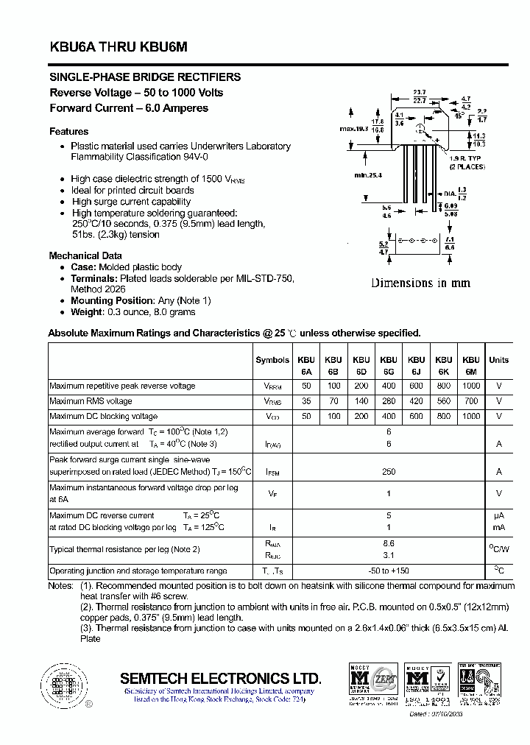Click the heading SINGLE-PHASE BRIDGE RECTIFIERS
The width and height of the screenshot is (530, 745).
pos(145,77)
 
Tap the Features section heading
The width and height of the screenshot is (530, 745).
pos(69,132)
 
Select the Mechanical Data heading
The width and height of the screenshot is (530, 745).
pos(85,255)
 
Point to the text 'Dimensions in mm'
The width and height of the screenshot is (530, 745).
pos(420,283)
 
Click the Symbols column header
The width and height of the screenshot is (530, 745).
pos(272,360)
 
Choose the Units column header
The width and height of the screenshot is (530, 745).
pos(498,360)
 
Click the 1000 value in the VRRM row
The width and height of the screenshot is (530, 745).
pos(471,386)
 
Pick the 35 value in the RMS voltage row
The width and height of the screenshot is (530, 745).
pos(306,401)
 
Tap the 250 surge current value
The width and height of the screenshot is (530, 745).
pos(389,472)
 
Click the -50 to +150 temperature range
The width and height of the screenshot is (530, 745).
pos(389,571)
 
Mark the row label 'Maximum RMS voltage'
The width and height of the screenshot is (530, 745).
pos(91,401)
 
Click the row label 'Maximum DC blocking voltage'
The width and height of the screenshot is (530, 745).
pos(104,416)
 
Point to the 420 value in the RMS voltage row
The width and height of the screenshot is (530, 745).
pos(417,401)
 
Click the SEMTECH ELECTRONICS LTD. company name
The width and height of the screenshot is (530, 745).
pos(220,678)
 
